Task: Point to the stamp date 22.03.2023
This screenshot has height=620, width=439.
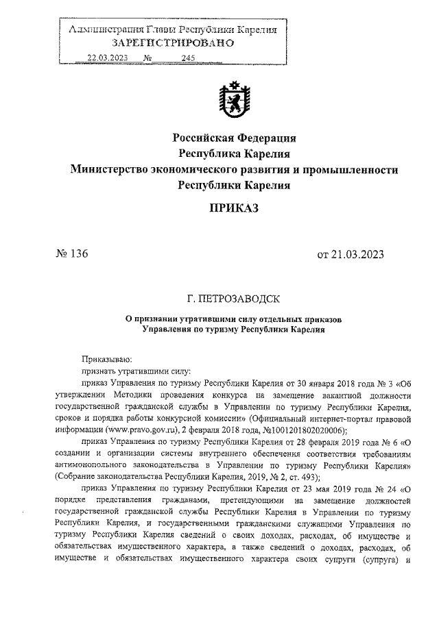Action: pyautogui.click(x=108, y=58)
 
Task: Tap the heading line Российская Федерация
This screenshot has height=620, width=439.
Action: pyautogui.click(x=234, y=137)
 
